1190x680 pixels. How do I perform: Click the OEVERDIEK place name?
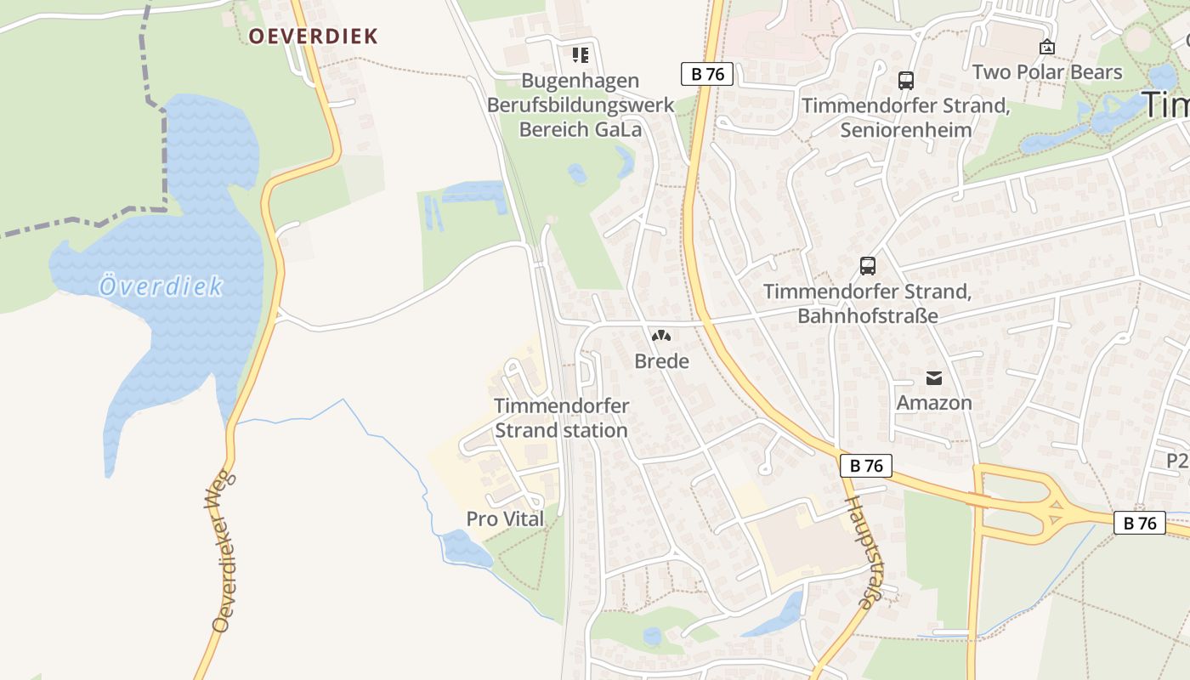point(313,36)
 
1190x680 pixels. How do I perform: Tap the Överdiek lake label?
point(161,286)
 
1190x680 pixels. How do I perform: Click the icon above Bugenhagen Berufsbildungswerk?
point(581,55)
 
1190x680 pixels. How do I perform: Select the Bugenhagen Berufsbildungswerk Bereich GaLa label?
point(581,105)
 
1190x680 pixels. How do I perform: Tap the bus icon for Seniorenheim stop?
point(906,81)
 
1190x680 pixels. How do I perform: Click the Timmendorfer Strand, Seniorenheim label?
point(906,118)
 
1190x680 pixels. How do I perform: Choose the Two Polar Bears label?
point(1047,72)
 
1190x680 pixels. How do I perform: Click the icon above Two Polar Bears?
point(1047,48)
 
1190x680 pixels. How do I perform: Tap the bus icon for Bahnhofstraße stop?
point(867,265)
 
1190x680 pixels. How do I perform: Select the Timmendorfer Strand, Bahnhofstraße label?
point(867,303)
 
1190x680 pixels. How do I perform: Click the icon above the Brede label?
point(661,336)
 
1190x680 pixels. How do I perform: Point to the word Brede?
point(661,361)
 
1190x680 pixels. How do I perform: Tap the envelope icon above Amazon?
point(934,378)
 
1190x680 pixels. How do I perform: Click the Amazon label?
point(934,403)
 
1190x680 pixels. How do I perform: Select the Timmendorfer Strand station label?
point(561,418)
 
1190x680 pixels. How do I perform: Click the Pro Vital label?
point(505,518)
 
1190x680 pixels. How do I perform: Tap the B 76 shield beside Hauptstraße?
point(866,466)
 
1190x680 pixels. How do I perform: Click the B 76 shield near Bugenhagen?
point(707,74)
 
